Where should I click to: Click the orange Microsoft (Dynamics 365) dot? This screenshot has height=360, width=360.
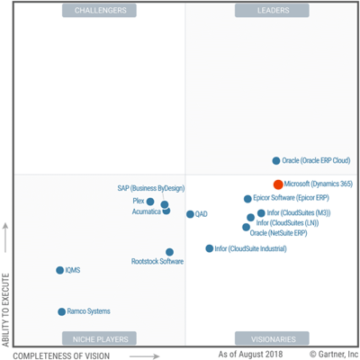(278, 184)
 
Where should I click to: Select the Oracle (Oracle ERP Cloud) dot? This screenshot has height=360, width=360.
(276, 161)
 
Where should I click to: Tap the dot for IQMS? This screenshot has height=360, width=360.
(58, 270)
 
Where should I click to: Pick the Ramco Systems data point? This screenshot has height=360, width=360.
(61, 311)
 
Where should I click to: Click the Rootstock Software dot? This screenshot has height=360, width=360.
(169, 252)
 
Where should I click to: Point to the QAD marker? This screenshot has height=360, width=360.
(190, 214)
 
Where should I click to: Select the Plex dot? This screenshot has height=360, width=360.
(150, 202)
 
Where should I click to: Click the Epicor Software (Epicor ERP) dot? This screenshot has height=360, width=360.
(247, 199)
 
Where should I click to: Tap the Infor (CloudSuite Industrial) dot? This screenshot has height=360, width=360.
(210, 248)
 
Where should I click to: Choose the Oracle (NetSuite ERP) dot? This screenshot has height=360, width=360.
(246, 227)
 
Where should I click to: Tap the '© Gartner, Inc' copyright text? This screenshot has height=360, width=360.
(333, 355)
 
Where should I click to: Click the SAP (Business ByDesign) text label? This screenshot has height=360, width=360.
(150, 189)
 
